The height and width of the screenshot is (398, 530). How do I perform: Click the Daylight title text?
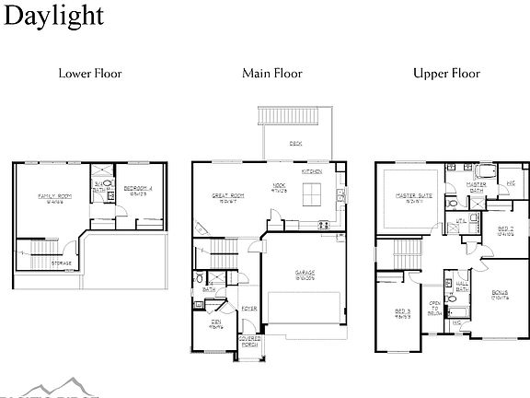pos(52,15)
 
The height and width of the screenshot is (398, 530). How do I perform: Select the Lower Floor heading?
pos(90,73)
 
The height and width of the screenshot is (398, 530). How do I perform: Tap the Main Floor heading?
pos(272,73)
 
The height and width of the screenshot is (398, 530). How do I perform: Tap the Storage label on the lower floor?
pos(61,263)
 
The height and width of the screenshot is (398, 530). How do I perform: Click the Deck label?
pos(295,144)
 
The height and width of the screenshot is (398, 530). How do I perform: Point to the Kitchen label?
pos(311,172)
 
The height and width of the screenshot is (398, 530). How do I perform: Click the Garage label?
pos(305,275)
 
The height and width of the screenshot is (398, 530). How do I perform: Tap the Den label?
pos(215,322)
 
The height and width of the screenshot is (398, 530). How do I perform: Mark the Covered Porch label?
pos(249,342)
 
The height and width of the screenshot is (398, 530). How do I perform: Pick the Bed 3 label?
pos(402,312)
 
